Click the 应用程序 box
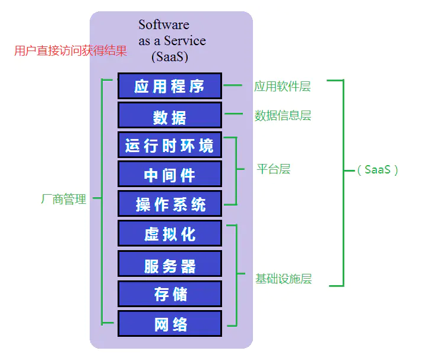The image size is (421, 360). click(170, 86)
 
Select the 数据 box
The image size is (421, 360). click(170, 115)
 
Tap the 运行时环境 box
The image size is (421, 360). click(170, 145)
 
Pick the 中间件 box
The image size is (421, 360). click(170, 174)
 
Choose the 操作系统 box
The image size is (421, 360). click(170, 203)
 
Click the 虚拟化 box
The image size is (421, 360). click(170, 233)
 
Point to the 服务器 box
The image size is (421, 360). click(170, 264)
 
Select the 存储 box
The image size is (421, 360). click(170, 294)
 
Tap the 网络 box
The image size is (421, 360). click(170, 323)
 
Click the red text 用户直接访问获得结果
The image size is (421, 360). click(71, 50)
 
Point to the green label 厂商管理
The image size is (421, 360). click(64, 199)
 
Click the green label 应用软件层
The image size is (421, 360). click(283, 86)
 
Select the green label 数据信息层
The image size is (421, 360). click(283, 115)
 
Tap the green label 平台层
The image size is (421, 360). click(274, 169)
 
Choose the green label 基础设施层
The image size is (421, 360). click(283, 279)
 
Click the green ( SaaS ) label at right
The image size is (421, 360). click(378, 170)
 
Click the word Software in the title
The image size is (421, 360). click(164, 25)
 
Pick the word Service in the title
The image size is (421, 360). click(185, 40)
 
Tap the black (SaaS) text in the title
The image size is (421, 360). click(170, 56)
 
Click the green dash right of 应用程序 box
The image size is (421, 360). click(233, 85)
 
